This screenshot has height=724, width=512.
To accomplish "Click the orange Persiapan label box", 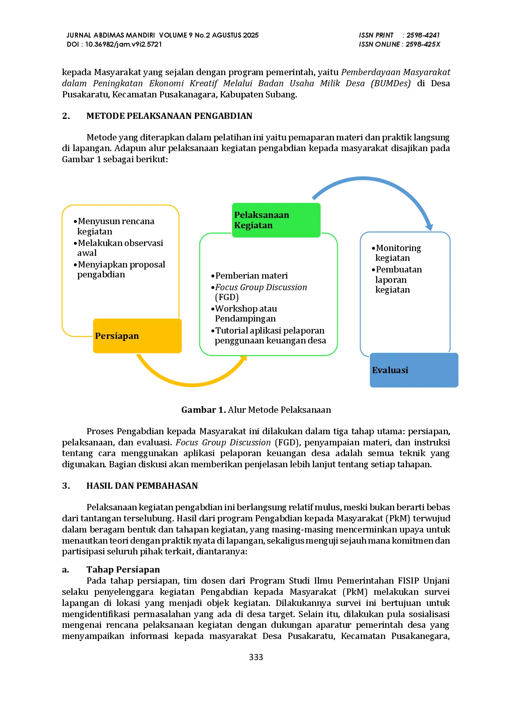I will (x=137, y=336).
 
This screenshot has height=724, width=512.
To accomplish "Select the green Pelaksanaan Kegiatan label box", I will (x=276, y=220).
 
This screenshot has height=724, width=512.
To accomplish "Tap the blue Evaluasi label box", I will (x=414, y=370).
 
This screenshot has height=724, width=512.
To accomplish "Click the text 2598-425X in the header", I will (x=423, y=44).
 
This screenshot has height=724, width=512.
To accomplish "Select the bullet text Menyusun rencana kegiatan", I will (x=116, y=226).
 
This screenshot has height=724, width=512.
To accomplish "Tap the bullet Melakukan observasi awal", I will (x=120, y=248).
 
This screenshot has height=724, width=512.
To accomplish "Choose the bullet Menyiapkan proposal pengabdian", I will (x=121, y=269).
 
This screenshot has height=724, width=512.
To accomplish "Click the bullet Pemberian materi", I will (x=251, y=276).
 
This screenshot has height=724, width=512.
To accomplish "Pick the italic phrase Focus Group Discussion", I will (x=261, y=287).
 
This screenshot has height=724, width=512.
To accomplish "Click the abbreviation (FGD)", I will (x=227, y=297).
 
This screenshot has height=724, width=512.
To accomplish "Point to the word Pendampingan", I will (x=245, y=319).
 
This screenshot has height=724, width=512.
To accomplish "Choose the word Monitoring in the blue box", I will (x=398, y=248).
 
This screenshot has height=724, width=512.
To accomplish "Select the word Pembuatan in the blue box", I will (x=399, y=270).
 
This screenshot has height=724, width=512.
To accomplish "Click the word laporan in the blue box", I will (x=391, y=280).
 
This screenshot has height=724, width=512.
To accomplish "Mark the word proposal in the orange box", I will (x=147, y=265).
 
